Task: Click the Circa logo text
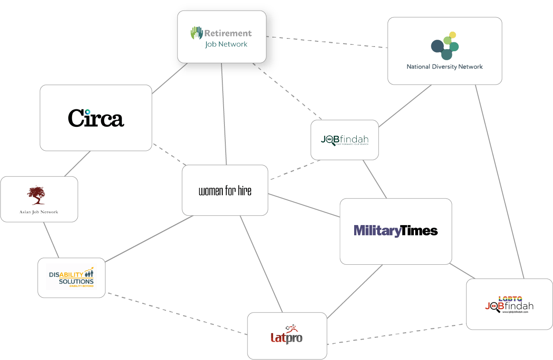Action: [x=96, y=118]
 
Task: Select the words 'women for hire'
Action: [x=225, y=190]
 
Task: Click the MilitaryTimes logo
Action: [x=396, y=231]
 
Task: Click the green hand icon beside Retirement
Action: [x=197, y=33]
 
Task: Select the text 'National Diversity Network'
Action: [x=445, y=67]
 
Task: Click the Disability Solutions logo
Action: [x=71, y=278]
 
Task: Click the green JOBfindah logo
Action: [x=344, y=140]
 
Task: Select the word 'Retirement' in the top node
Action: [x=228, y=33]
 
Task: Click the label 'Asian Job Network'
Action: [x=39, y=212]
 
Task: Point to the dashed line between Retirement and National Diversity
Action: [x=326, y=42]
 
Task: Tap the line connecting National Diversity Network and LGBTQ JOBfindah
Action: [x=499, y=181]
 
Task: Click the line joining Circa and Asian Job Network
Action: [x=77, y=164]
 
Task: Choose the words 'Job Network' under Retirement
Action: [x=226, y=44]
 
